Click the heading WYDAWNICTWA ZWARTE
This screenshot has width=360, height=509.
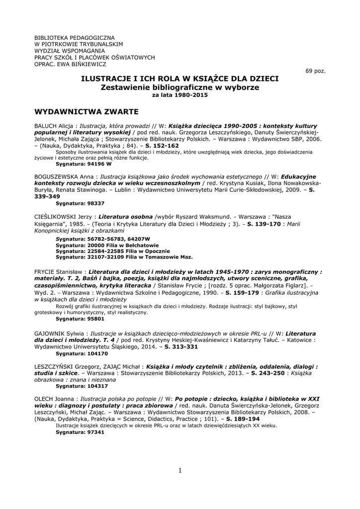(87, 111)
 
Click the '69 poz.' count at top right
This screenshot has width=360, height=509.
(315, 71)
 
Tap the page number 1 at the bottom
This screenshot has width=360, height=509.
(180, 471)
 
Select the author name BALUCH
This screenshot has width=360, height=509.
(46, 126)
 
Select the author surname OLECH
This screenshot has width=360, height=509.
(46, 399)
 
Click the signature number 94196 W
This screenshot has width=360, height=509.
(99, 163)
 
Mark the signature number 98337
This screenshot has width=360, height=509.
(95, 203)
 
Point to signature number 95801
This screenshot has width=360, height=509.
(95, 319)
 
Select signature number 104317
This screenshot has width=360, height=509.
(97, 386)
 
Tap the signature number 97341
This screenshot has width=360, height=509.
(95, 432)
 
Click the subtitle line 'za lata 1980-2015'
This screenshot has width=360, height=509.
(180, 95)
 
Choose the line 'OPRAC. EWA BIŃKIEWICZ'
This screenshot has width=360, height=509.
(70, 64)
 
